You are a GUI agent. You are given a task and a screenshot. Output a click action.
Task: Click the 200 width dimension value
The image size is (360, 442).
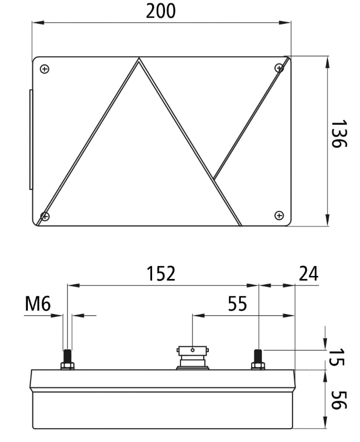[161, 11]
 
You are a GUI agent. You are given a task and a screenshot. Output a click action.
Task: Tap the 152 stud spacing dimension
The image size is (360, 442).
[161, 273]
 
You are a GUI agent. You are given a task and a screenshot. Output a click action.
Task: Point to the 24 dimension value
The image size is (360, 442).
[308, 273]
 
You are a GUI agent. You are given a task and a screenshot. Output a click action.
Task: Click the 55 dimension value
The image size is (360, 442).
[237, 304]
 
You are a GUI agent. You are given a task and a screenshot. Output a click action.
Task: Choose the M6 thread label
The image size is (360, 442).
[38, 304]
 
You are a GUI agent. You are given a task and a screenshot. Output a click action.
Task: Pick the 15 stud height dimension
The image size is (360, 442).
[337, 357]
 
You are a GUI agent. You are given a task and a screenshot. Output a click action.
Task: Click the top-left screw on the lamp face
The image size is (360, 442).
[44, 69]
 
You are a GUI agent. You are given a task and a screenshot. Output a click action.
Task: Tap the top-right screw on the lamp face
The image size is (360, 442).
[279, 68]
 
